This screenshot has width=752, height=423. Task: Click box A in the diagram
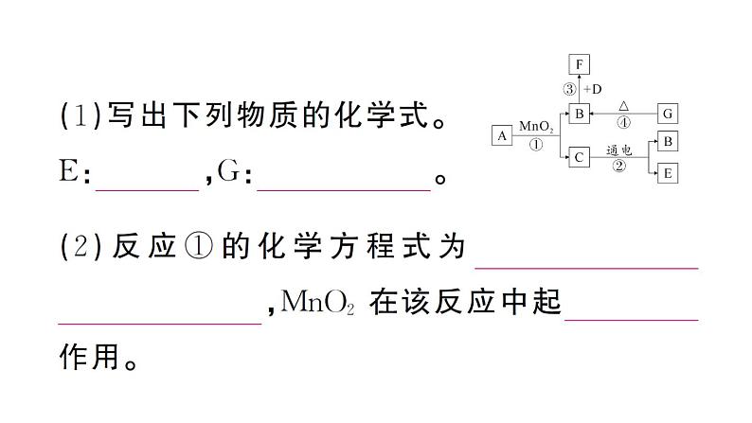(501, 136)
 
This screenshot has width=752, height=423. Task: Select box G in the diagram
(667, 114)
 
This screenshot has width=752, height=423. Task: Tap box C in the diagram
(579, 158)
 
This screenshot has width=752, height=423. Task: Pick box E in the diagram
(667, 173)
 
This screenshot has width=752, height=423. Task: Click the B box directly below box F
(579, 114)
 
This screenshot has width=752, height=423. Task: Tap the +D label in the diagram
(593, 90)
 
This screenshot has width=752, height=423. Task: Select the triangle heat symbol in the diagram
(623, 105)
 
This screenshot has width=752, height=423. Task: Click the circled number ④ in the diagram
(623, 122)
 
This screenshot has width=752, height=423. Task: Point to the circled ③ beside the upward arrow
(569, 90)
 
